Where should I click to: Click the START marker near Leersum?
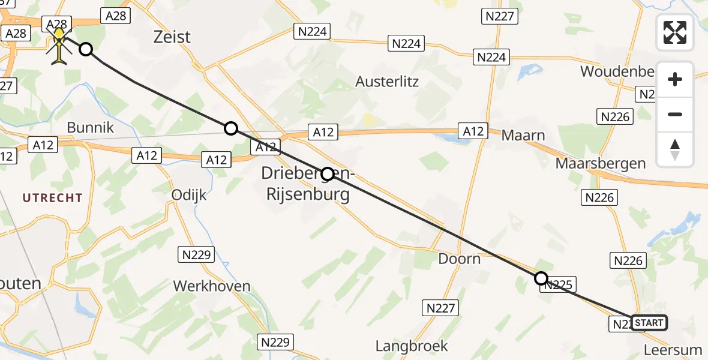[x=649, y=323]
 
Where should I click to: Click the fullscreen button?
[x=675, y=32]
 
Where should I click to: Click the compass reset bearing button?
[x=675, y=149]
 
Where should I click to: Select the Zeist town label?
[x=172, y=37]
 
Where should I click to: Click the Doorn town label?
[x=459, y=259]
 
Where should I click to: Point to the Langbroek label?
[x=412, y=346]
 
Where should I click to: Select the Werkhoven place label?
[x=212, y=286]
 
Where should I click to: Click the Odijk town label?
[x=189, y=195]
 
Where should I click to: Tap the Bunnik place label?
[x=90, y=128]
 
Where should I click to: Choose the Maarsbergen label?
[x=601, y=163]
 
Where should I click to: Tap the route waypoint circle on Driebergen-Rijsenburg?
[x=328, y=175]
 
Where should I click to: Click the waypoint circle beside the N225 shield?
[x=541, y=278]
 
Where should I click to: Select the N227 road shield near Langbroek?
[x=441, y=308]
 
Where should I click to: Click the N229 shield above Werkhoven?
[x=196, y=255]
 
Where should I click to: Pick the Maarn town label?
[x=523, y=136]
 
